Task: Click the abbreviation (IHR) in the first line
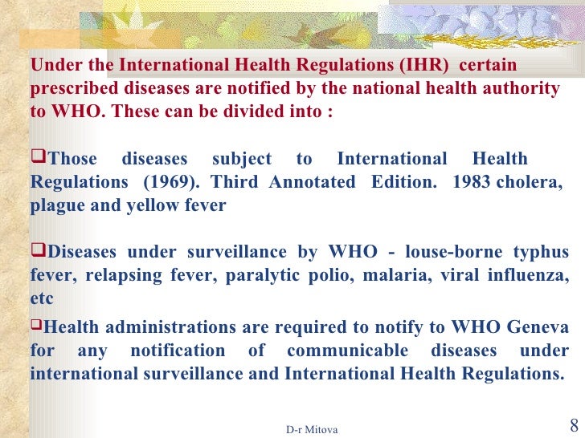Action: pyautogui.click(x=423, y=65)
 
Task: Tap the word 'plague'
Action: pyautogui.click(x=57, y=205)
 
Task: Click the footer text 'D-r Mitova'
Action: pyautogui.click(x=312, y=430)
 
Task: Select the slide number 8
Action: pyautogui.click(x=573, y=425)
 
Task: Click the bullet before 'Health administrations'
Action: pyautogui.click(x=36, y=326)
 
